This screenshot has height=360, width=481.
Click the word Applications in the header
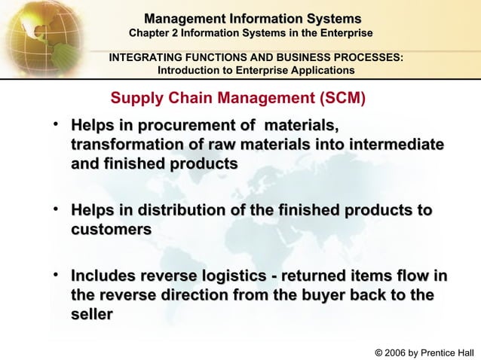(322, 70)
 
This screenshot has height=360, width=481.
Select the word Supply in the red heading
(133, 98)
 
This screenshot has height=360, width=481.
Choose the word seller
(92, 315)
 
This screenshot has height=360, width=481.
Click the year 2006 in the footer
(397, 352)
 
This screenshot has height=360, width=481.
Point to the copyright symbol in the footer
(378, 352)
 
